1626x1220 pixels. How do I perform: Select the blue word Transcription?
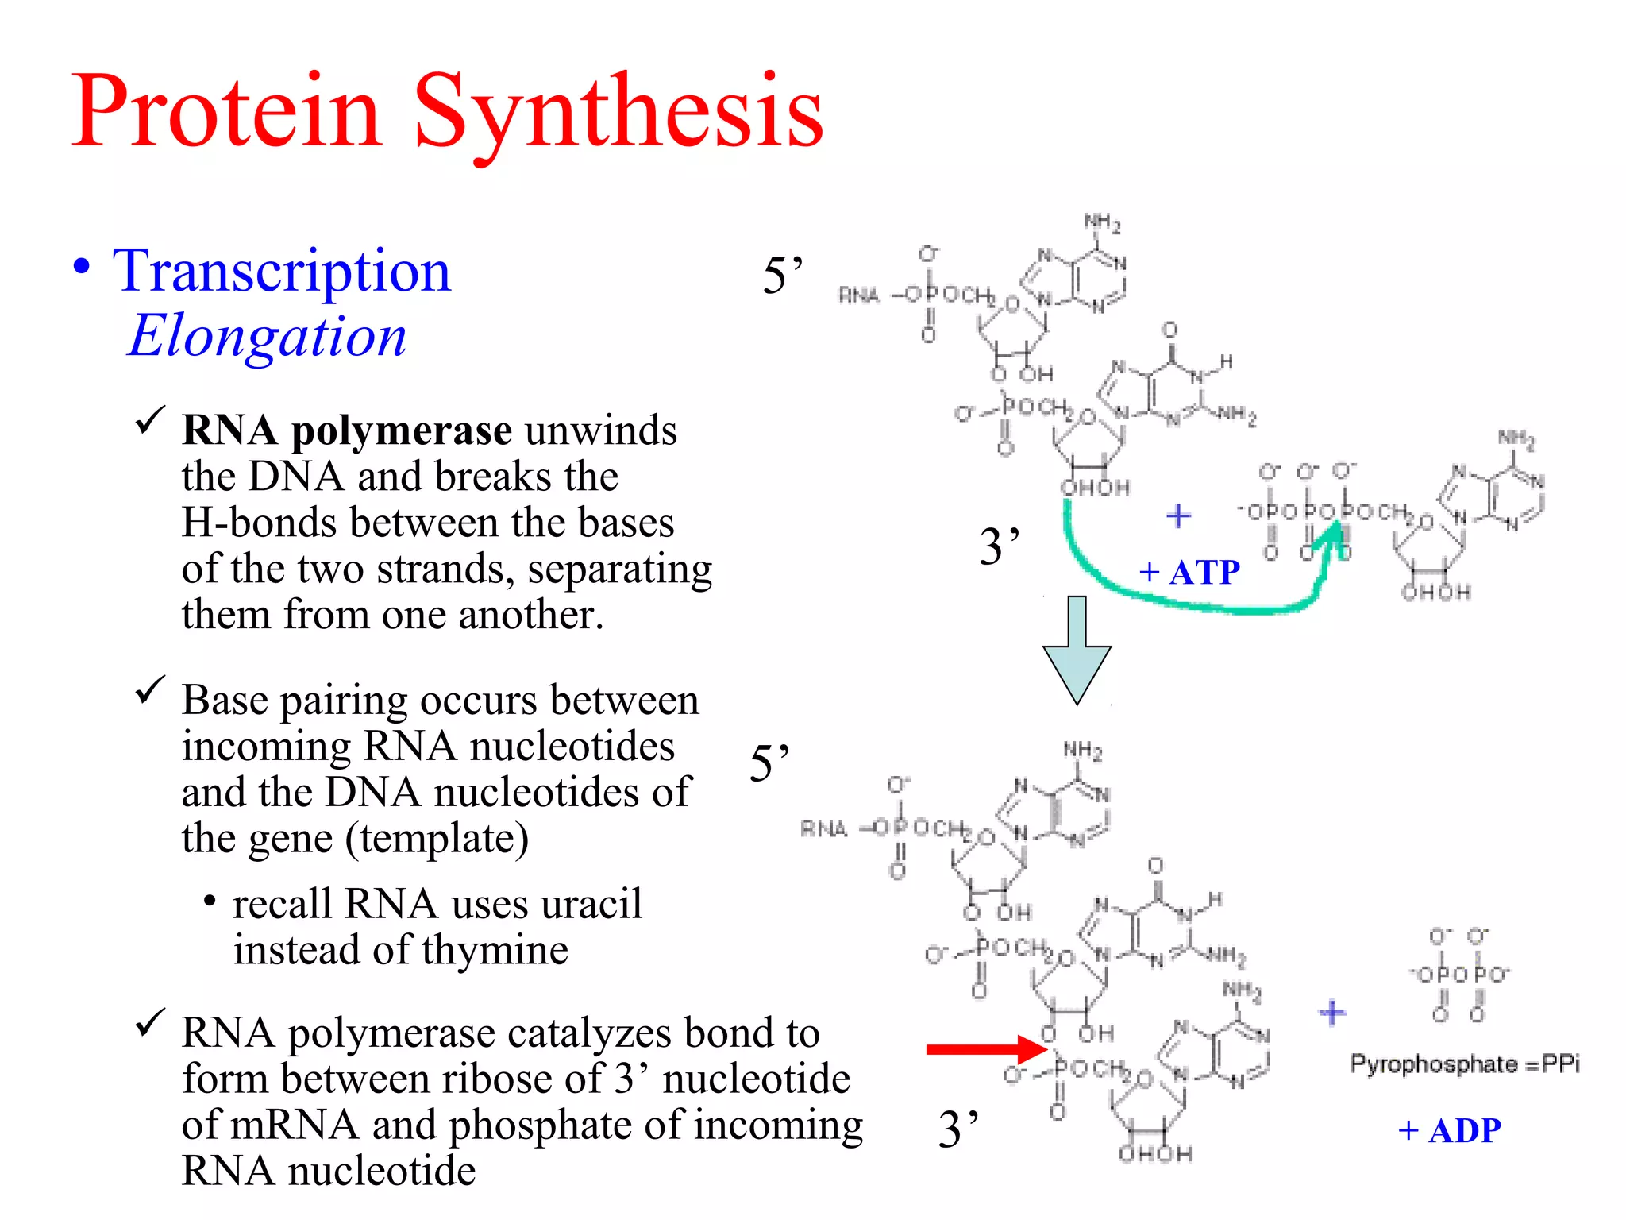point(282,271)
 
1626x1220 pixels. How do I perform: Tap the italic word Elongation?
point(268,335)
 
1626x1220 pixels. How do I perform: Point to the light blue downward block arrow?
point(1077,651)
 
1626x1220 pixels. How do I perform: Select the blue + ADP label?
point(1450,1131)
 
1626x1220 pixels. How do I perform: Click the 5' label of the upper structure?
point(783,276)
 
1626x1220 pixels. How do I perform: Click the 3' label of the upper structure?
point(1000,546)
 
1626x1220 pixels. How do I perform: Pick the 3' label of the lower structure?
point(958,1129)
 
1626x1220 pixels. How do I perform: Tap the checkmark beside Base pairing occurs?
point(150,689)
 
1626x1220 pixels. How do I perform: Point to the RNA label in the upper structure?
point(859,295)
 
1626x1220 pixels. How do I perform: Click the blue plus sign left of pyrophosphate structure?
point(1332,1012)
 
